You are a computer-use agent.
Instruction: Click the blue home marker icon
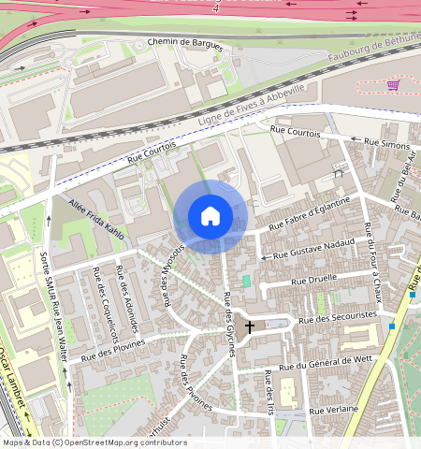pyautogui.click(x=210, y=216)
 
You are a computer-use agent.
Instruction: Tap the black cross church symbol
pyautogui.click(x=249, y=328)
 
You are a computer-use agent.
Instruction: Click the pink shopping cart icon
pyautogui.click(x=393, y=85)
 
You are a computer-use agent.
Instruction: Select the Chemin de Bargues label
pyautogui.click(x=186, y=42)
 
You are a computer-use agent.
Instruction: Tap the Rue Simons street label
pyautogui.click(x=387, y=143)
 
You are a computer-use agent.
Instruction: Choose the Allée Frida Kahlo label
pyautogui.click(x=96, y=217)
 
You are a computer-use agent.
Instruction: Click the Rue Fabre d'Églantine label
pyautogui.click(x=309, y=214)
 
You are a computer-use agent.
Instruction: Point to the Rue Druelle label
pyautogui.click(x=313, y=281)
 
